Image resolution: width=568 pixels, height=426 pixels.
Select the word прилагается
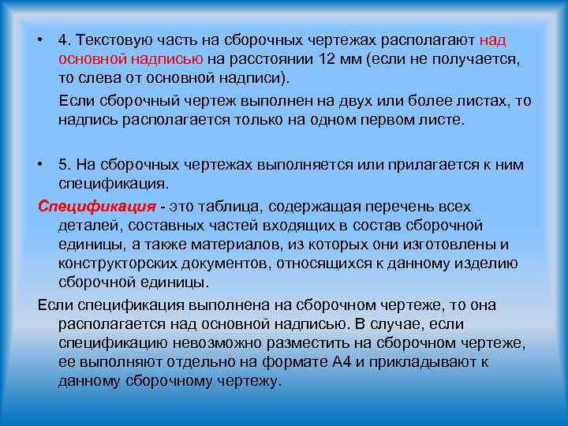(435, 164)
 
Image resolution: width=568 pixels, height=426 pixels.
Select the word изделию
(488, 263)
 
